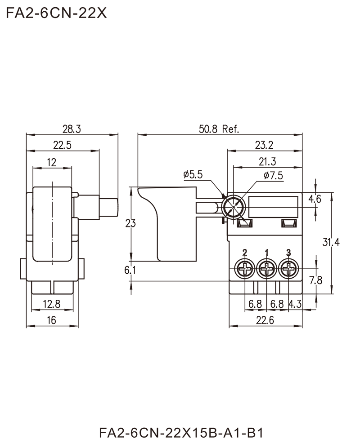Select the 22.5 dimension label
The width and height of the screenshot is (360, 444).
pos(63,144)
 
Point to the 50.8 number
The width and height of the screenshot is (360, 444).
pos(208,129)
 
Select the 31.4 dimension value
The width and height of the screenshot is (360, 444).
pos(331,243)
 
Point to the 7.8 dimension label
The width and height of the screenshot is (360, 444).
pos(316,281)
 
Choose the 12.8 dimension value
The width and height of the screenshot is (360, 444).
pos(52,303)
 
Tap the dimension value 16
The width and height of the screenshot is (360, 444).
pos(52,319)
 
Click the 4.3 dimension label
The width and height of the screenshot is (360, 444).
pos(295,304)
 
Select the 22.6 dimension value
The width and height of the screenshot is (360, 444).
pos(265,319)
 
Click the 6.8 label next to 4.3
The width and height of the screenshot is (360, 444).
pos(277,304)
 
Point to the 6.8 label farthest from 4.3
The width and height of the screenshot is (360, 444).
pos(255,304)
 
